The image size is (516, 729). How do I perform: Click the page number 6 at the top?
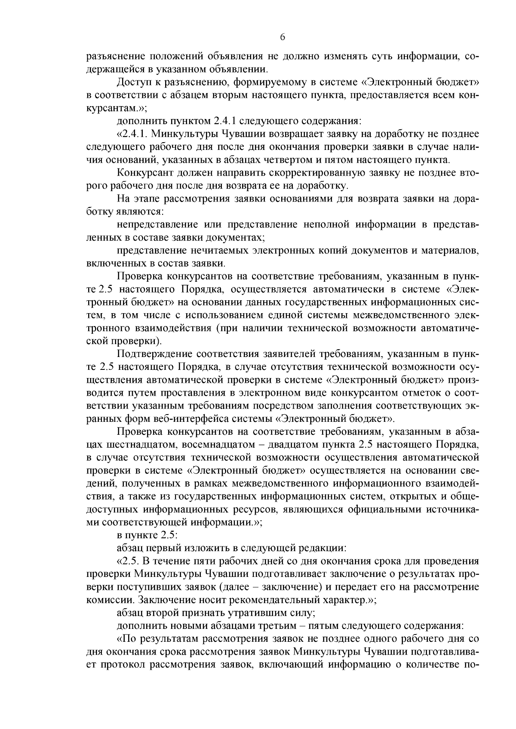(283, 37)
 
